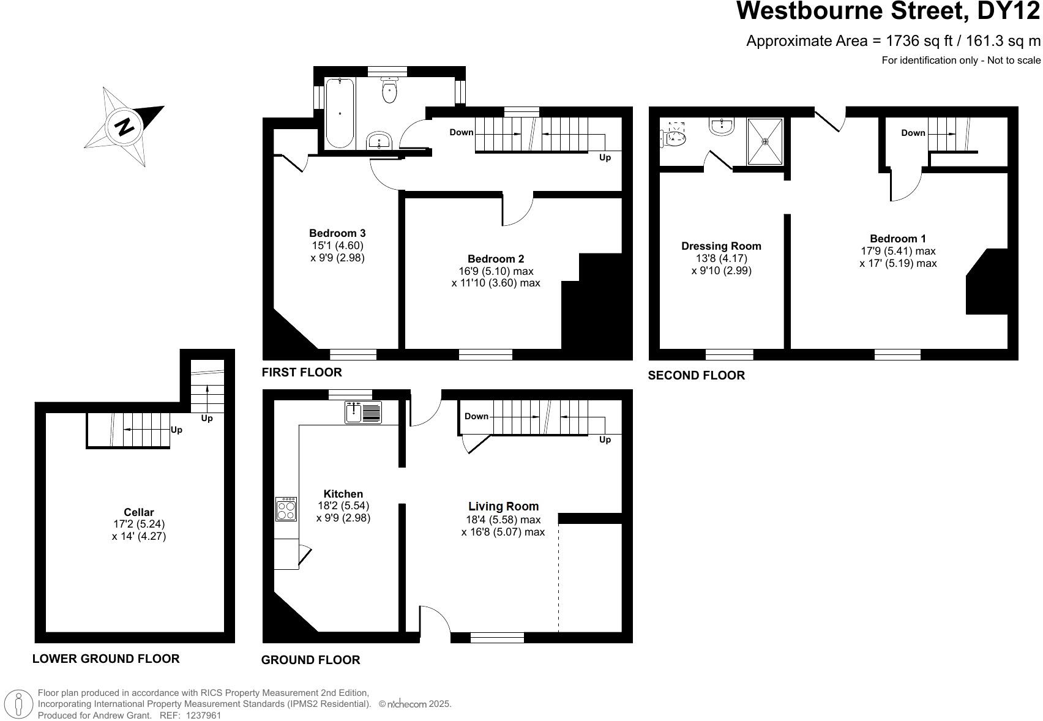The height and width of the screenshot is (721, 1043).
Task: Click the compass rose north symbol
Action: [124, 127]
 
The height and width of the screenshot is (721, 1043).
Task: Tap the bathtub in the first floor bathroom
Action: [339, 113]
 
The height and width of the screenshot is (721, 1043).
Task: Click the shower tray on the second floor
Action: [764, 141]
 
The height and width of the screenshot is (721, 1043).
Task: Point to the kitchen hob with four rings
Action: [286, 509]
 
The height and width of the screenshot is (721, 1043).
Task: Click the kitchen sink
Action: [363, 412]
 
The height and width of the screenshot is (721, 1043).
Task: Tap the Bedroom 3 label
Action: [337, 233]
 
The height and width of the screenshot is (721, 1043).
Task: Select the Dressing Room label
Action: [721, 246]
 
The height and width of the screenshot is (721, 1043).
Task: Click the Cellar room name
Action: [139, 512]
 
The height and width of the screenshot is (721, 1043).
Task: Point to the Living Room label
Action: [503, 506]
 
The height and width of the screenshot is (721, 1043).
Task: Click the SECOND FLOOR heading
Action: [696, 375]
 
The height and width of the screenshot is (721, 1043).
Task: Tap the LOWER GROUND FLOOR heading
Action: [106, 659]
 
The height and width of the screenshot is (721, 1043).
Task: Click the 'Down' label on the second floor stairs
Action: [913, 133]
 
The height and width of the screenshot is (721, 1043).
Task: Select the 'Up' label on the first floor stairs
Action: [605, 157]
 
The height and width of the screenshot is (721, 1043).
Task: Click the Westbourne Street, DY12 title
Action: [888, 11]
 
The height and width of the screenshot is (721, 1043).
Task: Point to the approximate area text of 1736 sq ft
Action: [892, 41]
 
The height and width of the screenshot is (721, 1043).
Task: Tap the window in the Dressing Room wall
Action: [729, 354]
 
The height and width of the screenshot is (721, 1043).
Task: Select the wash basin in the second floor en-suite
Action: [722, 127]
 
